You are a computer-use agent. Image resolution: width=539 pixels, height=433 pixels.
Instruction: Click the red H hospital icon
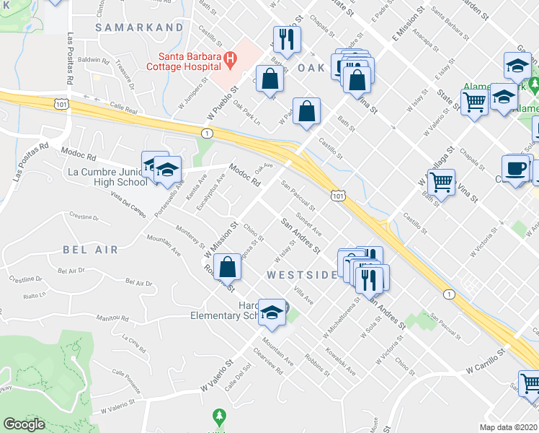pos(230,57)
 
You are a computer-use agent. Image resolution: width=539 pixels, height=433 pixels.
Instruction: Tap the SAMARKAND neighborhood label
pos(140,27)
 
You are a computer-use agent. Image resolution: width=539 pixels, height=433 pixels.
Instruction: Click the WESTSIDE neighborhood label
pos(302,275)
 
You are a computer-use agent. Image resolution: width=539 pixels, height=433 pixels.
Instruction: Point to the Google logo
pos(24,424)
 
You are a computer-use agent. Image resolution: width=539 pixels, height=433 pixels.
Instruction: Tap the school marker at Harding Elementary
pos(272,312)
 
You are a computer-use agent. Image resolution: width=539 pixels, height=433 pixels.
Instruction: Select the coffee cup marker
pos(514,168)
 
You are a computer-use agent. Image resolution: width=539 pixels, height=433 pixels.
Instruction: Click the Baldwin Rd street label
pos(93,61)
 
